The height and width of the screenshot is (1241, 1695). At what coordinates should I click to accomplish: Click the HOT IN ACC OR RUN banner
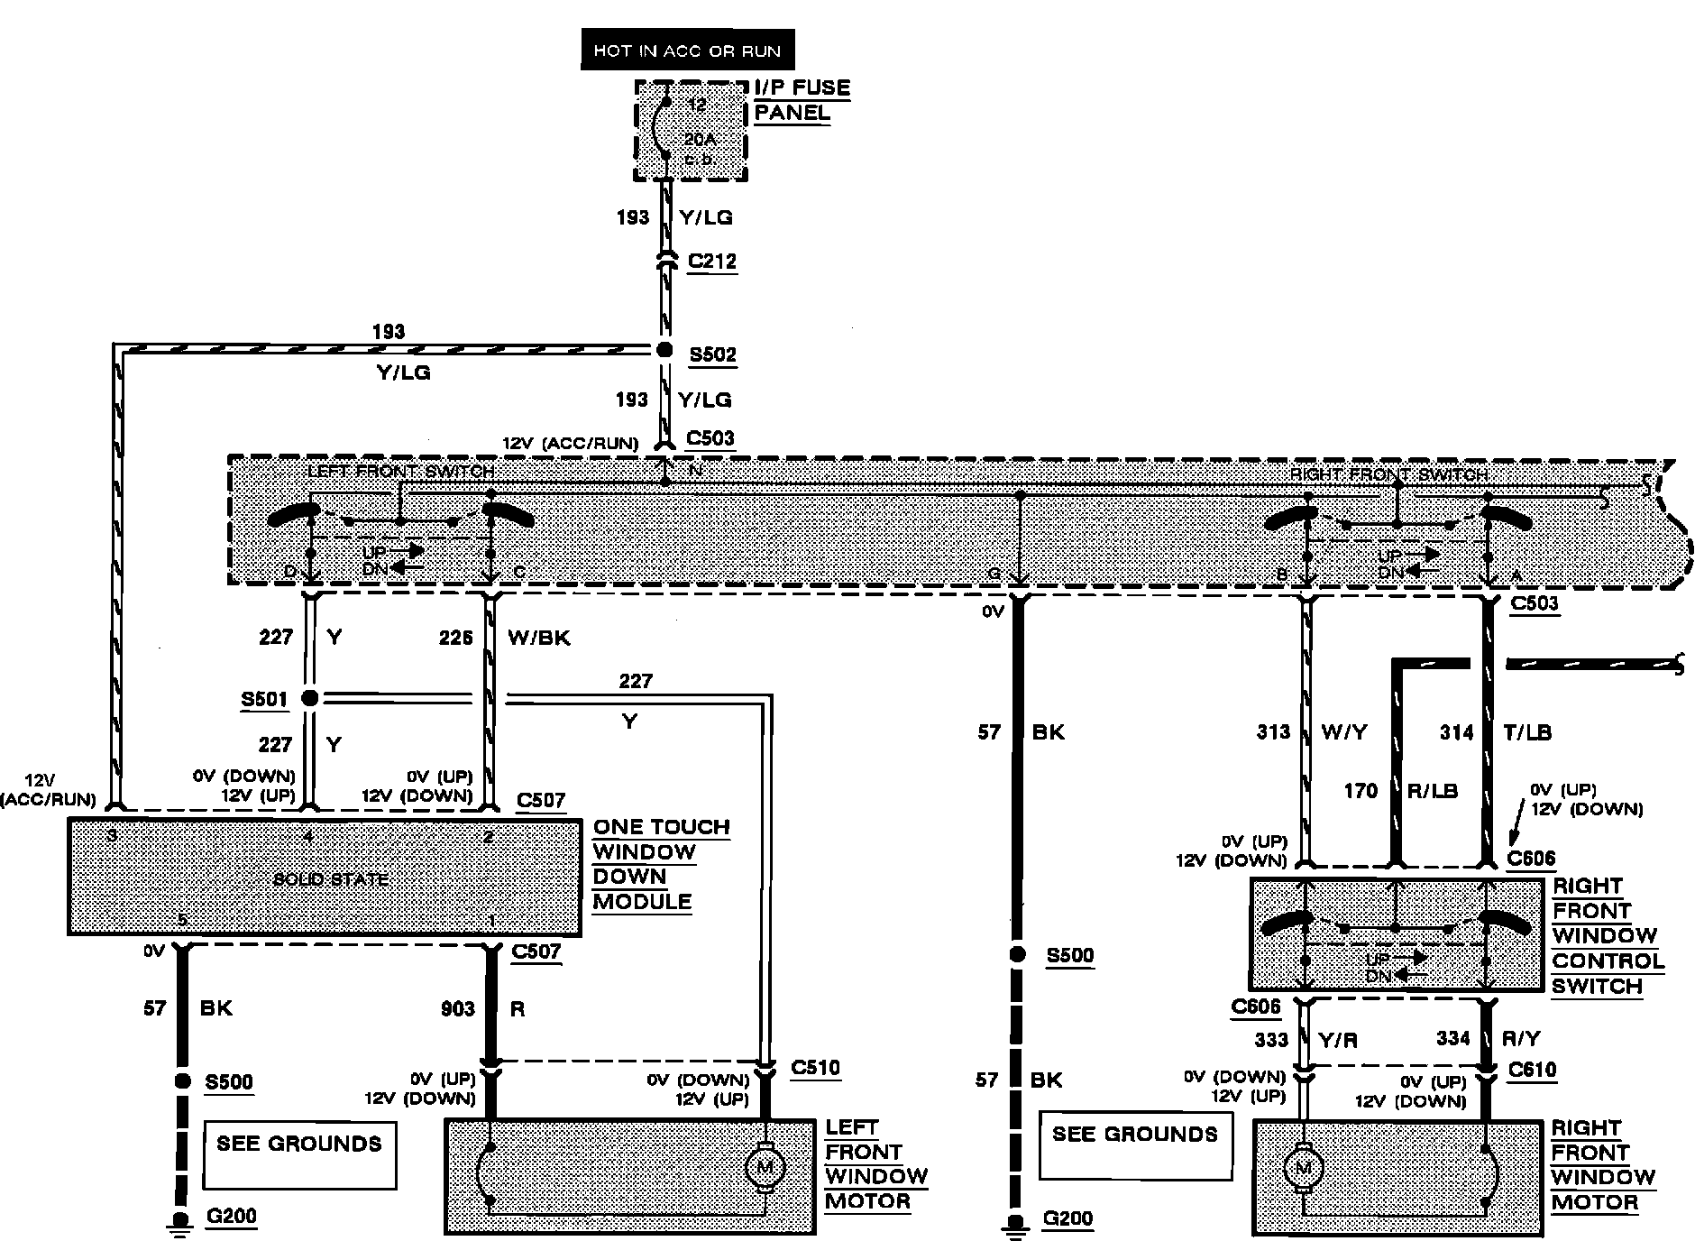click(687, 51)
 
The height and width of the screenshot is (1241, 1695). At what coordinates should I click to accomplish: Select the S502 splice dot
click(664, 350)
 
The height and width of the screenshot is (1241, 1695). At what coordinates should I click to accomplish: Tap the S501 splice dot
click(309, 697)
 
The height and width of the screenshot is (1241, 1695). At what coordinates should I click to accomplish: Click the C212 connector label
click(711, 262)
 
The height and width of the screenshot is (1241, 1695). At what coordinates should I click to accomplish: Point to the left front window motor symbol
click(765, 1167)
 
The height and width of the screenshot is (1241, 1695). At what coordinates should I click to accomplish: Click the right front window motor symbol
click(1302, 1170)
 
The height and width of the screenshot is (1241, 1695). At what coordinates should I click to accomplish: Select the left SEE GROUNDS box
click(299, 1154)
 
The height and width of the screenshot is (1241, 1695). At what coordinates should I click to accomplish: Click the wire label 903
click(457, 1008)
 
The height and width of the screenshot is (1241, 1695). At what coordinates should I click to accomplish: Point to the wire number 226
click(455, 638)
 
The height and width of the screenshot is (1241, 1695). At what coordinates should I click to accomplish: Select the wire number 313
click(1273, 731)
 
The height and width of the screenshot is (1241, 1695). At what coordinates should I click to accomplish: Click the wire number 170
click(1361, 791)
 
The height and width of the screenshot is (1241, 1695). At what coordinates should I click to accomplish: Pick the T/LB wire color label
click(1526, 732)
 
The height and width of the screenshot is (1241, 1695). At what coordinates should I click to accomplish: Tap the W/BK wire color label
click(539, 638)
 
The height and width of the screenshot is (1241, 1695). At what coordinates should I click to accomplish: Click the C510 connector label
click(815, 1068)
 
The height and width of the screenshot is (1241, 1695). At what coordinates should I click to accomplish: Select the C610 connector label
click(1532, 1070)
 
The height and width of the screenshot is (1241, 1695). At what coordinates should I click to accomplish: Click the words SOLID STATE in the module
click(330, 879)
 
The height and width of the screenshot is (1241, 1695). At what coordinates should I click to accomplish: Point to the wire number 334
click(1453, 1038)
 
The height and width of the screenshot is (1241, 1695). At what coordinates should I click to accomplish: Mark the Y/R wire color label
click(1338, 1040)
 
